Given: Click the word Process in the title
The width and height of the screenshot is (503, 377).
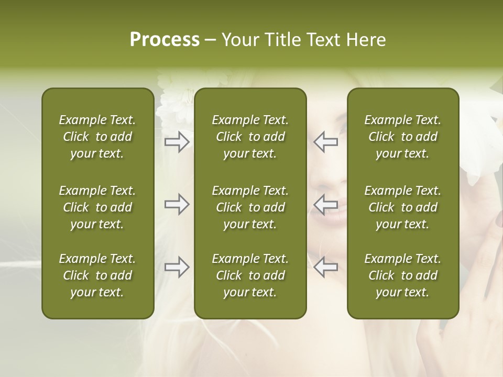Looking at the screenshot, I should (165, 40).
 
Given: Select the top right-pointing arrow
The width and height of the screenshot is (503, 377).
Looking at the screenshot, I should (177, 142).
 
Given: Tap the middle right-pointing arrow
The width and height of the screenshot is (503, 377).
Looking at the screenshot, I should (177, 204).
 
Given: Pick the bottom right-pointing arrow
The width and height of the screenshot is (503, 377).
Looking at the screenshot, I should (177, 267).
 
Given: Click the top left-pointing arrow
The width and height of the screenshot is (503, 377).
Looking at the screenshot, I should (326, 142).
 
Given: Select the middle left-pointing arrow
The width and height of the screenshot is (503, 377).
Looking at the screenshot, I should (326, 204).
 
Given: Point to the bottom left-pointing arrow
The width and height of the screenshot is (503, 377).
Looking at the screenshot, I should (326, 267).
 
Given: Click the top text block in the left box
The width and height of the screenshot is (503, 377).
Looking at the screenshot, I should (97, 137).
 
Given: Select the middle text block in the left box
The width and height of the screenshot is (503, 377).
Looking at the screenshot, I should (97, 207).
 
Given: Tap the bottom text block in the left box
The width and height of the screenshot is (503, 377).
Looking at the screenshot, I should (97, 275).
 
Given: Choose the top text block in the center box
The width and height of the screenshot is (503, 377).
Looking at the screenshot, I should (250, 137).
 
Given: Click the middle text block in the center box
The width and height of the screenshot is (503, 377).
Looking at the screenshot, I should (250, 207).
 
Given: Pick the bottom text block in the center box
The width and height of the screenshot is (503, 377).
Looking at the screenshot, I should (250, 275).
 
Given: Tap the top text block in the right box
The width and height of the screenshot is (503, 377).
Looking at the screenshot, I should (403, 137).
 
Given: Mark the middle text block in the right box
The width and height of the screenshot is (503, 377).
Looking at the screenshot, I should (403, 207).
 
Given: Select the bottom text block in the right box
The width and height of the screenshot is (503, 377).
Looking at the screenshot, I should (403, 275).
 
